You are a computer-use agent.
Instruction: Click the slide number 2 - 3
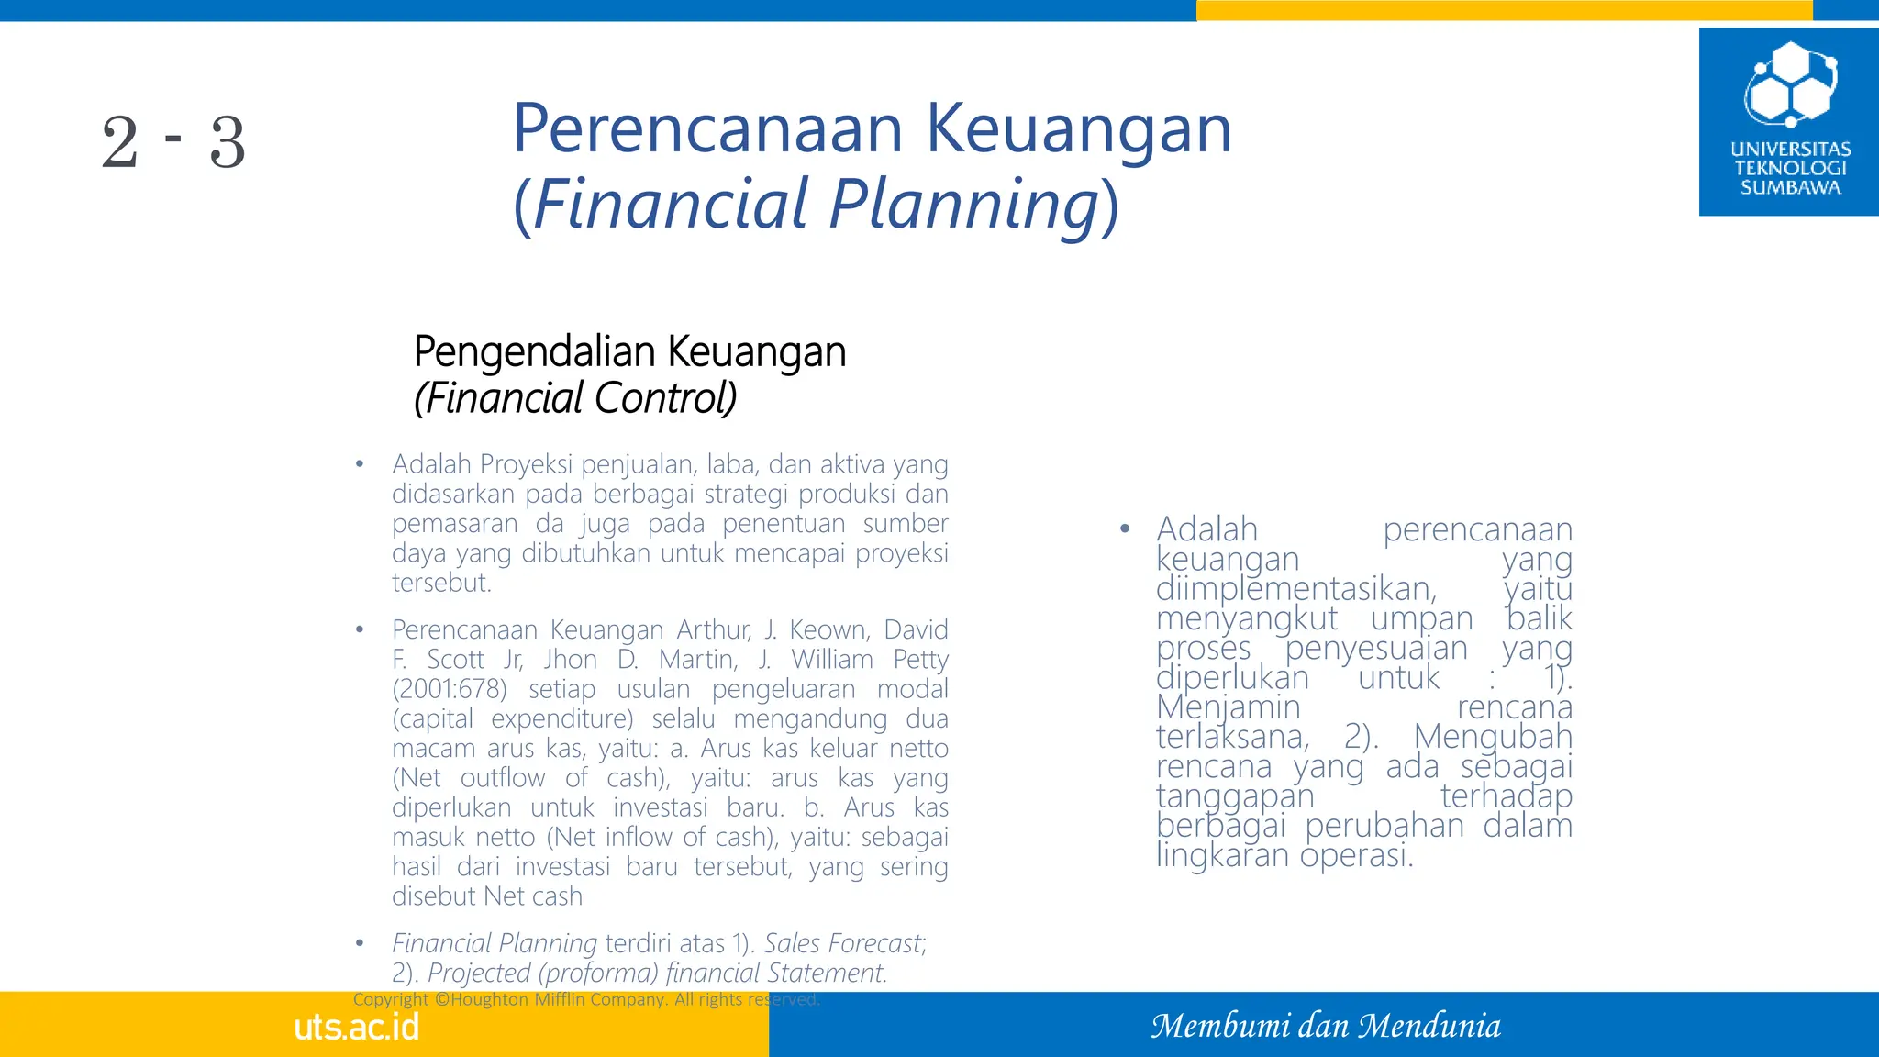coord(173,142)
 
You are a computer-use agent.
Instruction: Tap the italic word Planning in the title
coord(963,203)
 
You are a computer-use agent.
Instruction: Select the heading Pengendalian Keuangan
coord(629,351)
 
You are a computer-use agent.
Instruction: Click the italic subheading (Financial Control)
coord(575,398)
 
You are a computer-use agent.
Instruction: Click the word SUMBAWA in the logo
coord(1790,188)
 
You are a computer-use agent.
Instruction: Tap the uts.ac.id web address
coord(356,1027)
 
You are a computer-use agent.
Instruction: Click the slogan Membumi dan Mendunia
coord(1326,1026)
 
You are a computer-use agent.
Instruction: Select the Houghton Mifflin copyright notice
coord(586,999)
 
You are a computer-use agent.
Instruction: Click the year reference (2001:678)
coord(449,689)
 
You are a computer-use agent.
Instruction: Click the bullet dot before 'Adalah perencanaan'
coord(1125,529)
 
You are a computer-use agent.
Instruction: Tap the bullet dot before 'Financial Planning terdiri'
coord(361,943)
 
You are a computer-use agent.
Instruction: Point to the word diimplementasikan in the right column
coord(1295,588)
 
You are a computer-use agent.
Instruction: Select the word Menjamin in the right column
coord(1228,707)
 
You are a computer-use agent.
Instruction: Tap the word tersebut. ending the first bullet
coord(441,583)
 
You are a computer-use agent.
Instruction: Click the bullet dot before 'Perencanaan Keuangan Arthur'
coord(361,630)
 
